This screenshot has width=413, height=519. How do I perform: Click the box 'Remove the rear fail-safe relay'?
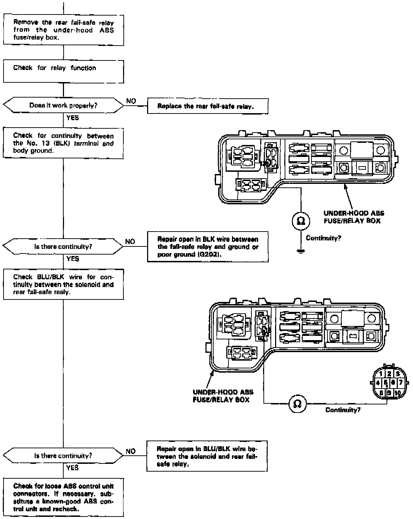point(64,30)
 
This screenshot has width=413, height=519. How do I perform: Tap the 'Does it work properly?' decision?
point(64,105)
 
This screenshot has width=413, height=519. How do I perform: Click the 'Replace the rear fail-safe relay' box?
point(207,106)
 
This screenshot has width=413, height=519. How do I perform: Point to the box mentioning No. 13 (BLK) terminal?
point(64,143)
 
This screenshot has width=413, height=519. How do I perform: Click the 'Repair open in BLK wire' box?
point(208,247)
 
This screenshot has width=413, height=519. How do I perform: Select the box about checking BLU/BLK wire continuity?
point(64,285)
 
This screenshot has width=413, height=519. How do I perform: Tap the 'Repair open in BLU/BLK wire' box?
point(207,456)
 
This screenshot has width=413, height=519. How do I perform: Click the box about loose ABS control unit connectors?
point(64,497)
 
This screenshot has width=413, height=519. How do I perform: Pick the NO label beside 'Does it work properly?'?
point(131,101)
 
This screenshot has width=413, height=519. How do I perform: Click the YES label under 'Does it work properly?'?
point(72,118)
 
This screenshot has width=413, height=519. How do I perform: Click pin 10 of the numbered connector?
point(397,393)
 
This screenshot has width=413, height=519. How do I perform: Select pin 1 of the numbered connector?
point(380,374)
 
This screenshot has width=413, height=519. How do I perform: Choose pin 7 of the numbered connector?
point(401,383)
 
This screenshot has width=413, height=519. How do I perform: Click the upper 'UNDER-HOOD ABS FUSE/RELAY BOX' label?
point(354,217)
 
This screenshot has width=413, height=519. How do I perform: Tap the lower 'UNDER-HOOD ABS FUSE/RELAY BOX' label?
point(223,396)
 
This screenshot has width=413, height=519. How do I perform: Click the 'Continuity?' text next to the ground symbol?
point(323,238)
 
